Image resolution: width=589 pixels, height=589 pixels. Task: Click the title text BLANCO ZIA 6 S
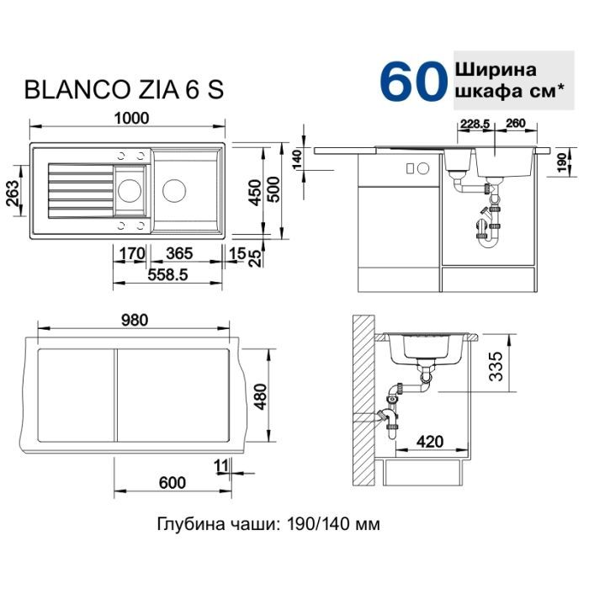tap(125, 90)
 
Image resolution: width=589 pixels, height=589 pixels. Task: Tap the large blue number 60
tap(412, 82)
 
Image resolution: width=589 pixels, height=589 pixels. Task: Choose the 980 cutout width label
tap(134, 320)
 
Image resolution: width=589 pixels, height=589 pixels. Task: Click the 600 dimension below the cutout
tap(171, 482)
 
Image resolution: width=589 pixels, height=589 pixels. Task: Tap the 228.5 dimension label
tap(475, 124)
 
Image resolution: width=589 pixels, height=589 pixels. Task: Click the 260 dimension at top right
tap(517, 124)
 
